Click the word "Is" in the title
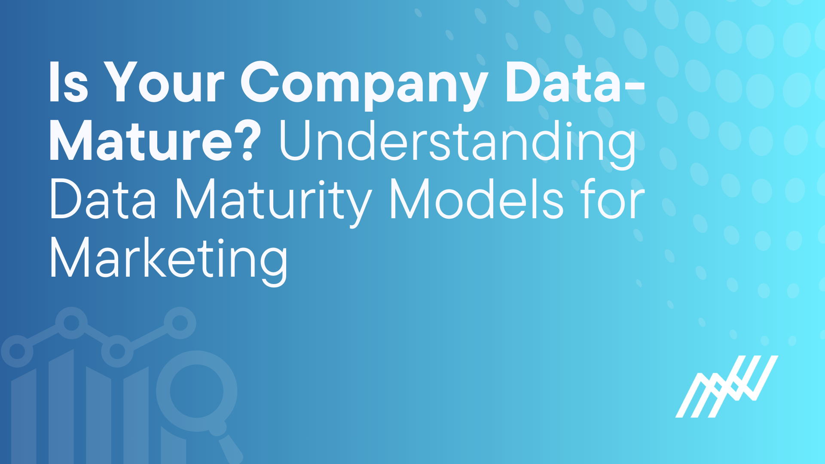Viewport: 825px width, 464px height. pos(69,82)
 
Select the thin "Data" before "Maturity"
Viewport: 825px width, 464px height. pos(103,199)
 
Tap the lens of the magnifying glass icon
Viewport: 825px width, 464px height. pos(197,391)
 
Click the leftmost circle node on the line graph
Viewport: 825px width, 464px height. pos(17,351)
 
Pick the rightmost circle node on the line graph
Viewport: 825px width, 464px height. pos(180,323)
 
